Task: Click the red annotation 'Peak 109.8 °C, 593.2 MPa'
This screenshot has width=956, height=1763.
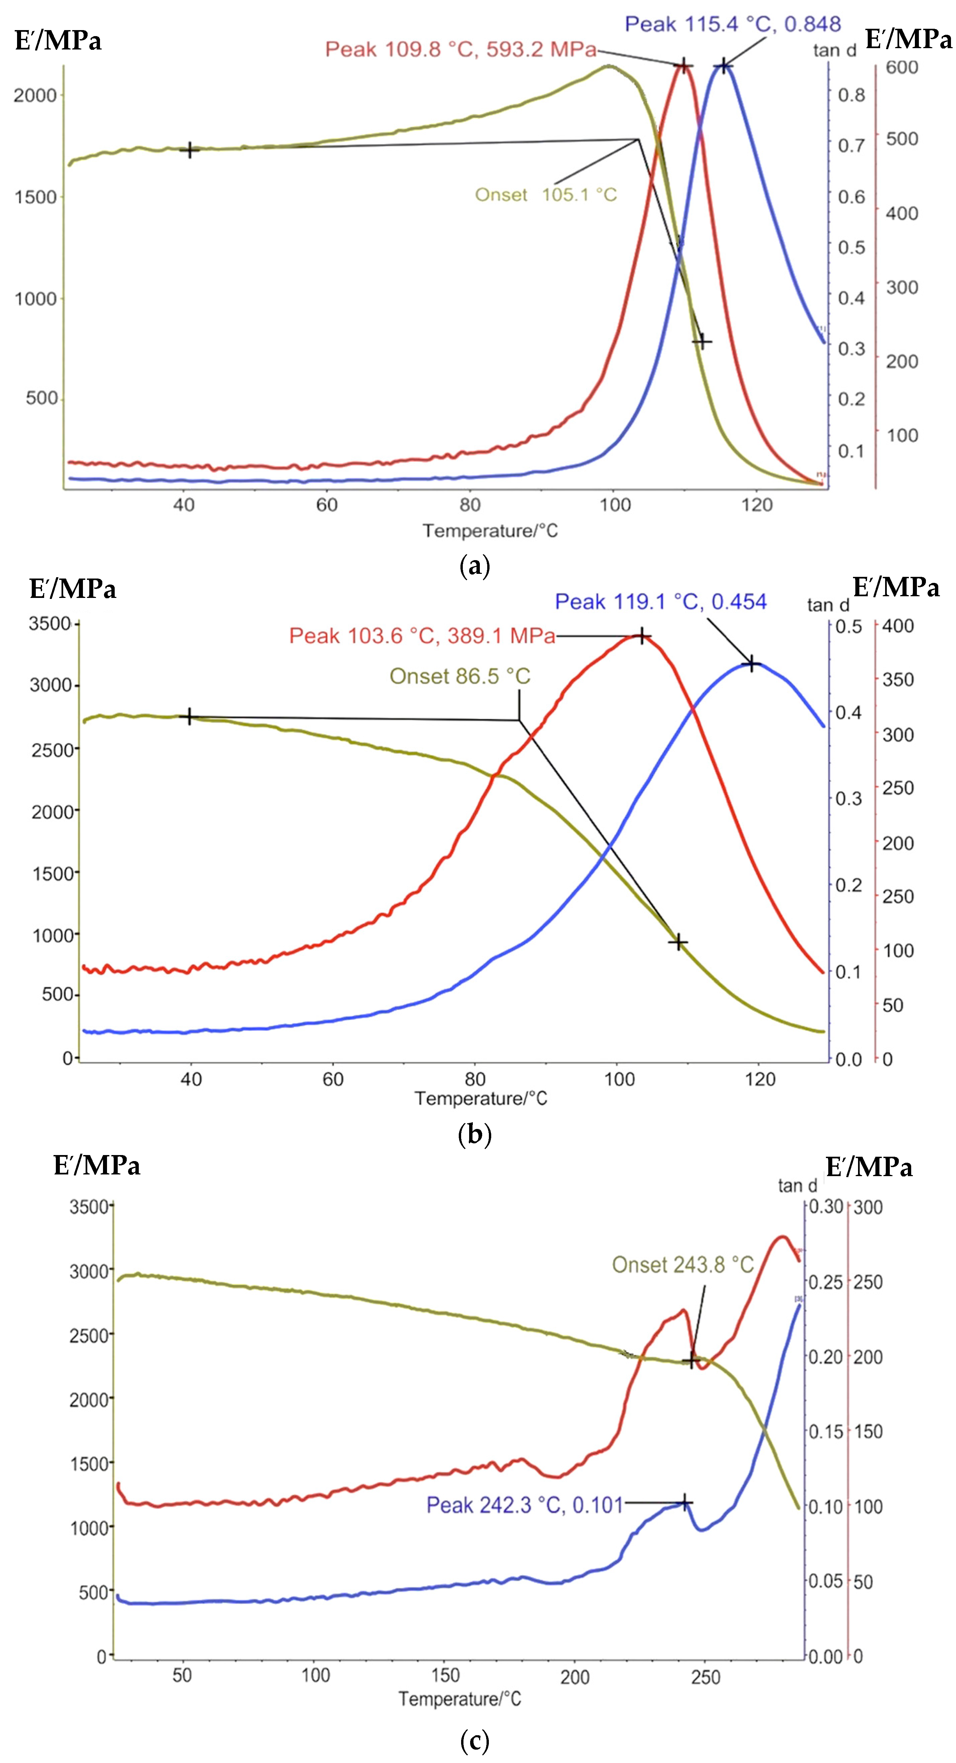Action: coord(460,49)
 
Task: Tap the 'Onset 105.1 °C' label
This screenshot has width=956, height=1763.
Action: coord(545,195)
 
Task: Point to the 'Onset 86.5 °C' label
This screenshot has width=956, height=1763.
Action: coord(460,676)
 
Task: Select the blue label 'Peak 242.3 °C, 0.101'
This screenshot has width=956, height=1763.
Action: coord(524,1505)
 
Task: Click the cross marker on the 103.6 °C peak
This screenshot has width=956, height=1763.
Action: coord(641,636)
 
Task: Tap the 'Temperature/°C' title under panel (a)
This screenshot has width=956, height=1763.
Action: coord(490,531)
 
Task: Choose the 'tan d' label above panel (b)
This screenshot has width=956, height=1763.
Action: coord(827,605)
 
